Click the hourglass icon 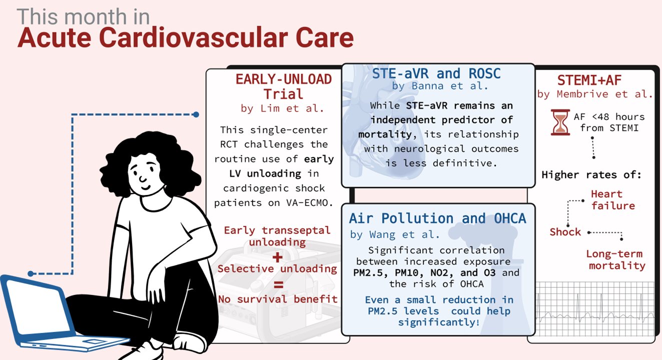(x=560, y=122)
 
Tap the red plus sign (x=277, y=257)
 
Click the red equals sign (x=278, y=284)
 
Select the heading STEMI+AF (x=589, y=80)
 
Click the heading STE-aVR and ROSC (x=436, y=73)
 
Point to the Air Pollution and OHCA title (x=437, y=218)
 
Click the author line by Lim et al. (x=282, y=108)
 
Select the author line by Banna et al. (x=440, y=86)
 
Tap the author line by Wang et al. (x=395, y=234)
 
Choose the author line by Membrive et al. (x=595, y=94)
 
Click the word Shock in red (x=565, y=232)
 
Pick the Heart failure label (x=613, y=200)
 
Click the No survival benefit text (x=278, y=299)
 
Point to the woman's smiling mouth (x=146, y=187)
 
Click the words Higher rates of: (x=591, y=175)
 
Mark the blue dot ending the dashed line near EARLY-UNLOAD (x=196, y=114)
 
